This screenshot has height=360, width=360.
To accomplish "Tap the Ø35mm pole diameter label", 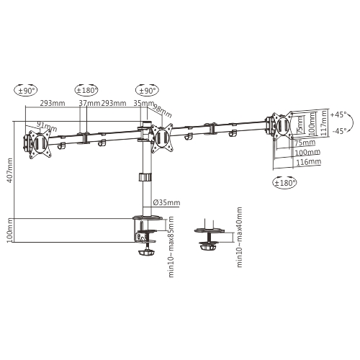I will pos(166,202).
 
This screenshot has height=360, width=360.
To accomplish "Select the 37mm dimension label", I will pos(89,104).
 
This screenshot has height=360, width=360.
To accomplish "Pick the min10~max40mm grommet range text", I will pos(239,238).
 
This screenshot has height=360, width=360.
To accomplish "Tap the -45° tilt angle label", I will pos(338,130).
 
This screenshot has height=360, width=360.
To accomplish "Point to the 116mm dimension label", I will pos(307,163).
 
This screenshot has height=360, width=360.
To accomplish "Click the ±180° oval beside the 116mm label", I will pos(287,183).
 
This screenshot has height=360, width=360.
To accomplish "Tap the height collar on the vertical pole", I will pos(144,177).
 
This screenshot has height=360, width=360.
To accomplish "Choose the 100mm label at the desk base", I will pos(9,231).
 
